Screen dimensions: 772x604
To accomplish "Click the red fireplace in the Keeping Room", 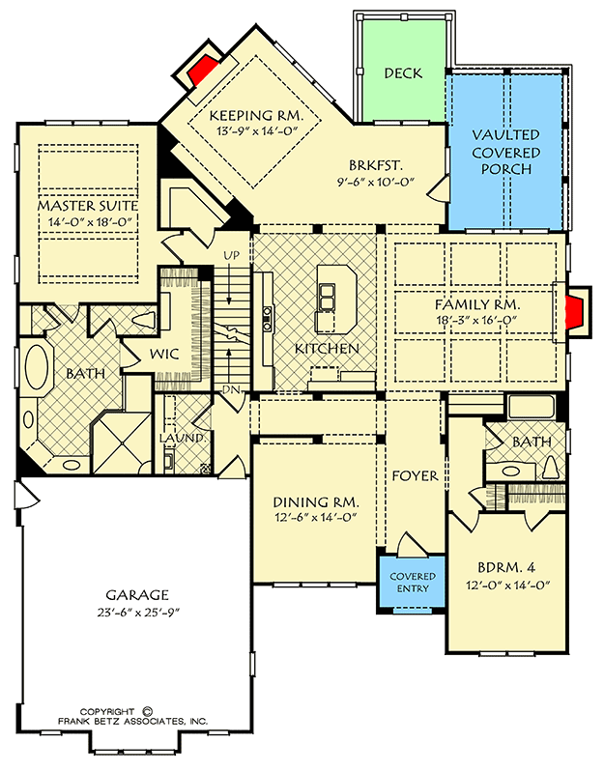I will coord(202,70).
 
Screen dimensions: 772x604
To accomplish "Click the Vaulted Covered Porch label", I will coord(506,153).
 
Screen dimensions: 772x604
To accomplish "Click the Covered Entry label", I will coord(412,583).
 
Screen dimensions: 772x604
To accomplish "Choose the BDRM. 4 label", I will coord(504,567).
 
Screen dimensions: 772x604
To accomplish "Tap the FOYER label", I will coord(416,476).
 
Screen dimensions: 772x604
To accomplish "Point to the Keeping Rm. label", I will coord(255,115).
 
